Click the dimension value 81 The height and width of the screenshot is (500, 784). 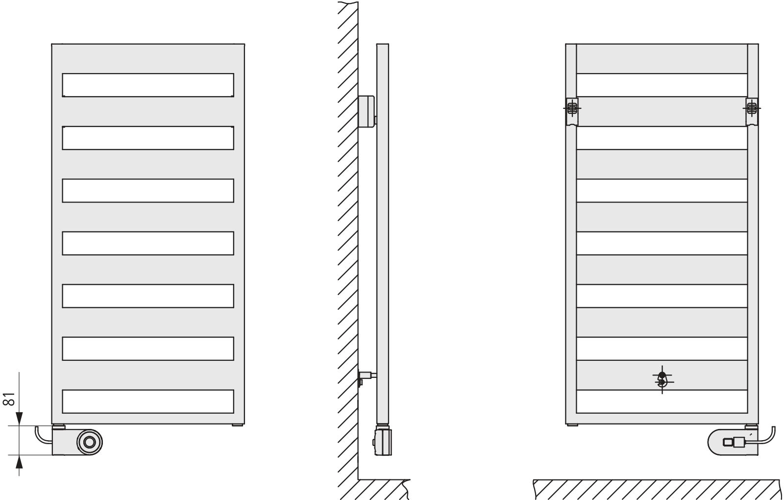coord(9,399)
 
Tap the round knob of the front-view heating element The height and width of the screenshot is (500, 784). coord(90,442)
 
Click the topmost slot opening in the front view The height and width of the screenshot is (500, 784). coord(148,85)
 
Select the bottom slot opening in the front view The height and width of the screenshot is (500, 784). coord(148,401)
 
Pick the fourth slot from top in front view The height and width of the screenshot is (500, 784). coord(148,243)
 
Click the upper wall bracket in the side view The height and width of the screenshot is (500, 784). coord(367,112)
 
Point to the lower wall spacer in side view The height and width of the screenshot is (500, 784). coord(367,377)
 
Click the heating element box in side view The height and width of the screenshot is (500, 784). coord(383,441)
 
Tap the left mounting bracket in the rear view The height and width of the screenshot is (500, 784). coord(572,111)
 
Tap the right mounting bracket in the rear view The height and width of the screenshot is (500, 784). coord(752,111)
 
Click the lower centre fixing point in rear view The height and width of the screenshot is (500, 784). coord(662,380)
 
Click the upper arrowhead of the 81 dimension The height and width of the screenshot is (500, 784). coord(19,419)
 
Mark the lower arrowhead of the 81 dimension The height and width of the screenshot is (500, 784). coord(19,462)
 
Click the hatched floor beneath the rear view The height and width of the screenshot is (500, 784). coord(657,490)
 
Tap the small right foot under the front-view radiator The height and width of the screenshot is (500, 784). coord(238,425)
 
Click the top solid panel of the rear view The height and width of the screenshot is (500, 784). coord(662,59)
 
